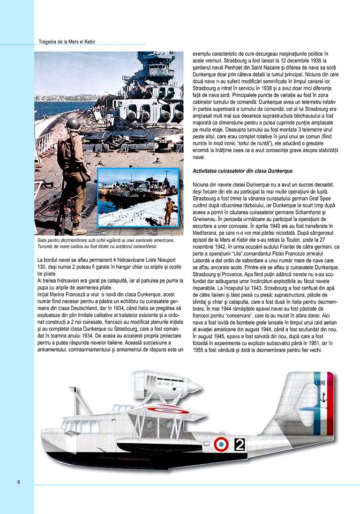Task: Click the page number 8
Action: [18, 482]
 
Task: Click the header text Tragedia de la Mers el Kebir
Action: [67, 42]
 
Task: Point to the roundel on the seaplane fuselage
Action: [221, 444]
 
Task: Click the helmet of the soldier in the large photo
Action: [72, 124]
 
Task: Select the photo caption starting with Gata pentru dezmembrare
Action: [105, 243]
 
